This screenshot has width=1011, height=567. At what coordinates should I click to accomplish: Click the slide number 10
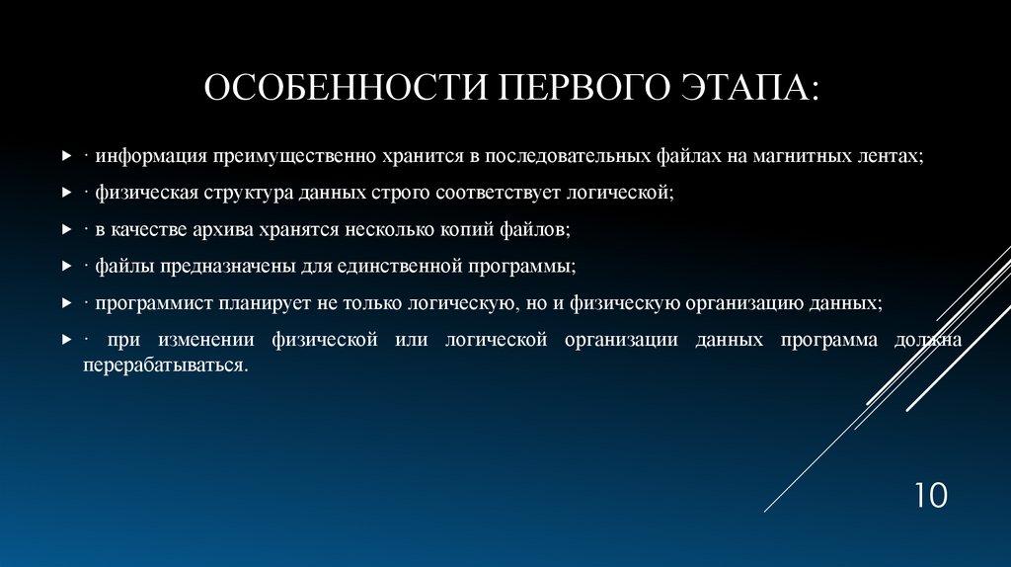pyautogui.click(x=931, y=496)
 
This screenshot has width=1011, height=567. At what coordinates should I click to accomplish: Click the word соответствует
pyautogui.click(x=498, y=193)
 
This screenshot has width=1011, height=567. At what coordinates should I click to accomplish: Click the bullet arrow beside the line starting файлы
pyautogui.click(x=66, y=266)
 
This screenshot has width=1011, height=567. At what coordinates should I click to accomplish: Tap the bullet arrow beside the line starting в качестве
pyautogui.click(x=66, y=229)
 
